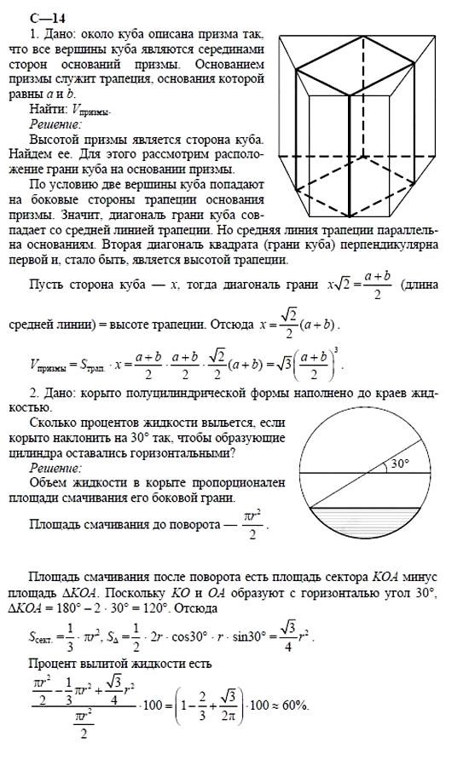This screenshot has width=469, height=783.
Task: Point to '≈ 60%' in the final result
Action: (286, 707)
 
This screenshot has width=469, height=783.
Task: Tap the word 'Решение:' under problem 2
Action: (55, 468)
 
